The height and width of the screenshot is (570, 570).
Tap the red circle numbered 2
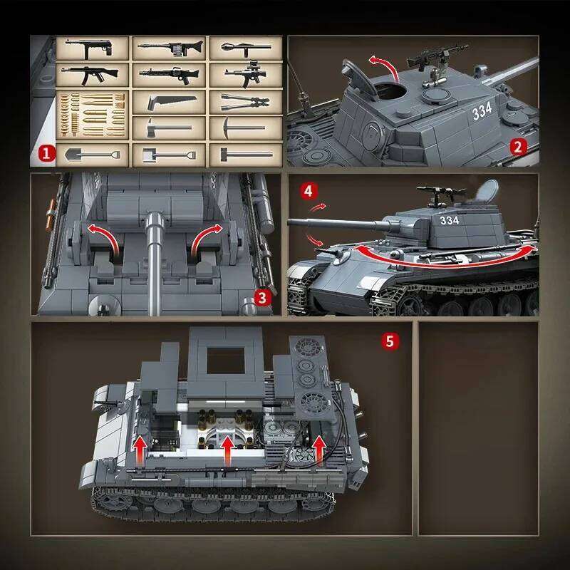(519, 147)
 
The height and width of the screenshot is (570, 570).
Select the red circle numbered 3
(264, 297)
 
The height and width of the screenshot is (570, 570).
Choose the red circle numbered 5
(389, 341)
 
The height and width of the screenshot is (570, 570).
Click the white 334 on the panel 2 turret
(482, 113)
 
